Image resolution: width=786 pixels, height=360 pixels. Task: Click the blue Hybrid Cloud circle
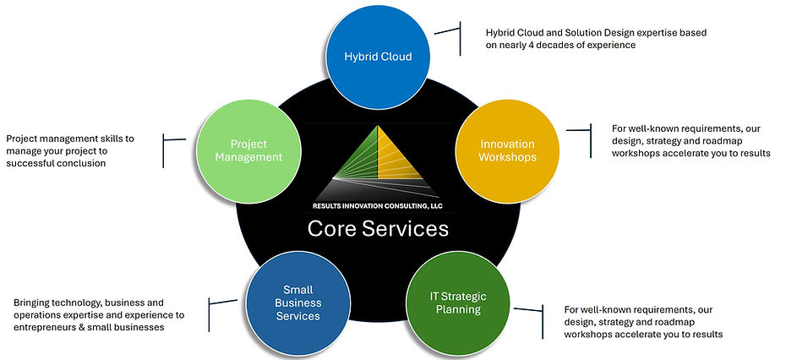[x=378, y=57]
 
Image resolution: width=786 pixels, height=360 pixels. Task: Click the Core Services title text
[x=377, y=228]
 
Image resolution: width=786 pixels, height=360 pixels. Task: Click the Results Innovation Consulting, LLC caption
[x=378, y=205]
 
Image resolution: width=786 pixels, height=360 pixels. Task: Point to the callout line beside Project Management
[x=172, y=139]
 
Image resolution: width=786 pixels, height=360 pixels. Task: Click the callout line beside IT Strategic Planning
[x=533, y=309]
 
